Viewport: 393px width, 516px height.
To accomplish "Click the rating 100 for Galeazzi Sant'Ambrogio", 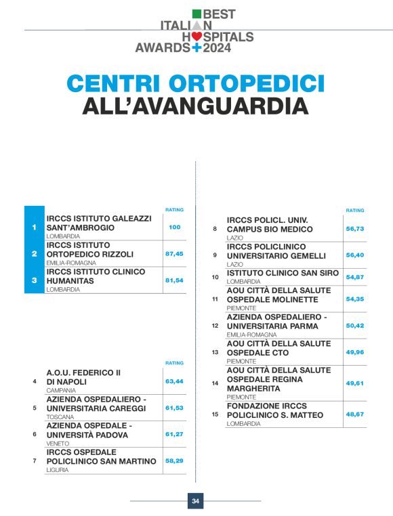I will coord(175,227).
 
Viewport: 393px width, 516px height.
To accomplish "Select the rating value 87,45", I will coord(175,253).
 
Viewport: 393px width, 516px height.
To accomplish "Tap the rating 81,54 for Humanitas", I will coord(175,280).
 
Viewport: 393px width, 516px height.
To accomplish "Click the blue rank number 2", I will coord(34,254).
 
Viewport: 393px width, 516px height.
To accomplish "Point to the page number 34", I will coord(195,501).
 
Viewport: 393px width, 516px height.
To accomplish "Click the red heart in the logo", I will coord(196,37).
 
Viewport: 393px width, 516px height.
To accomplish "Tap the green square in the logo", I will coord(197,14).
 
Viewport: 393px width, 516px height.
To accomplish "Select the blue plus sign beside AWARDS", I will coord(197,48).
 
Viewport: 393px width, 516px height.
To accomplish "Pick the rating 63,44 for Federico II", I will coord(175,381).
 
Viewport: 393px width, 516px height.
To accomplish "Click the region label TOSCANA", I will coord(60,417).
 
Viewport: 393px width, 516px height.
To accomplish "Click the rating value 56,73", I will coord(355,229).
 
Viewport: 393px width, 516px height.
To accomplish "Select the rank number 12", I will coord(215,326).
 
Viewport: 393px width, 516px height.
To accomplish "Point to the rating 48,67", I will coord(355,413).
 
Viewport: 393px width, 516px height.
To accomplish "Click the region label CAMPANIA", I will coord(61,391).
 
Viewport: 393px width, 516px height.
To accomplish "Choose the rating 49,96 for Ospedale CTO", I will coord(355,352).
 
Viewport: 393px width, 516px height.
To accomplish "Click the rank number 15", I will coord(215,414).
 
